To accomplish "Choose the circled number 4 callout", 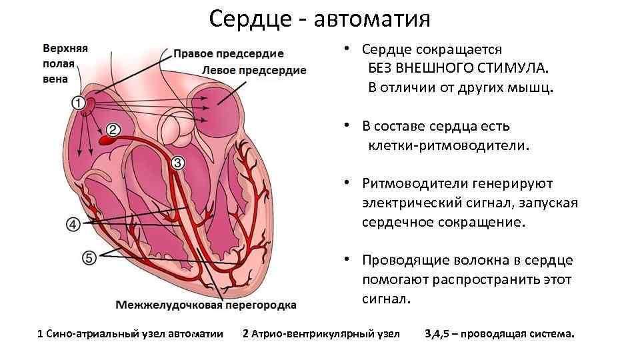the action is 73,224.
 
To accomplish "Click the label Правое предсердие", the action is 229,54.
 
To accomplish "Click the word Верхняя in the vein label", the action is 65,49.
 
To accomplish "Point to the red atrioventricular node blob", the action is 107,141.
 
